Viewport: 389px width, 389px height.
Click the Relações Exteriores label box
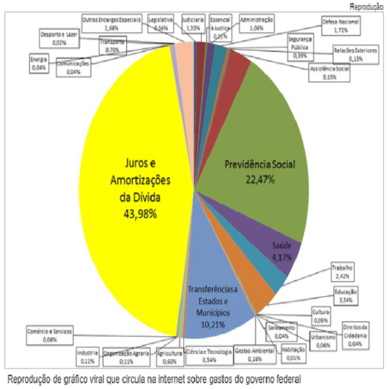click(353, 54)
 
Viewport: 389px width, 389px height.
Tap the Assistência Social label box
click(329, 71)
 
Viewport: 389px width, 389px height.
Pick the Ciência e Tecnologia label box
click(209, 355)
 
